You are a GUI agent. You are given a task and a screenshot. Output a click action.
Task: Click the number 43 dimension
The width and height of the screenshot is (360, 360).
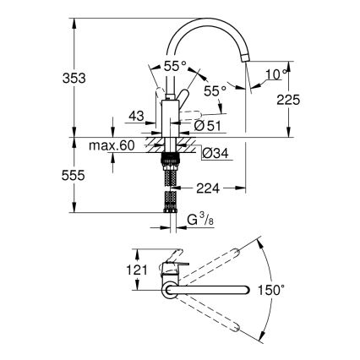tap(136, 115)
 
